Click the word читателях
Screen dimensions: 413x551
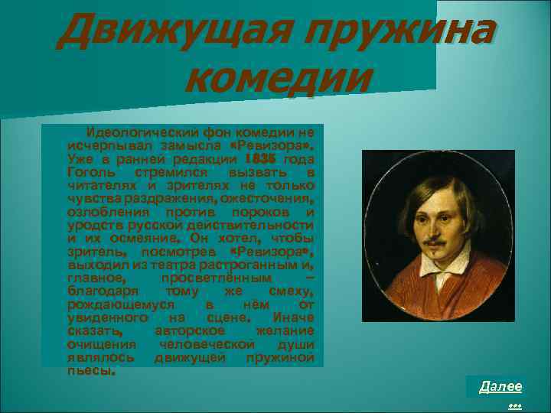click(x=98, y=184)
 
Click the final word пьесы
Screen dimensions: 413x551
click(x=92, y=371)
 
